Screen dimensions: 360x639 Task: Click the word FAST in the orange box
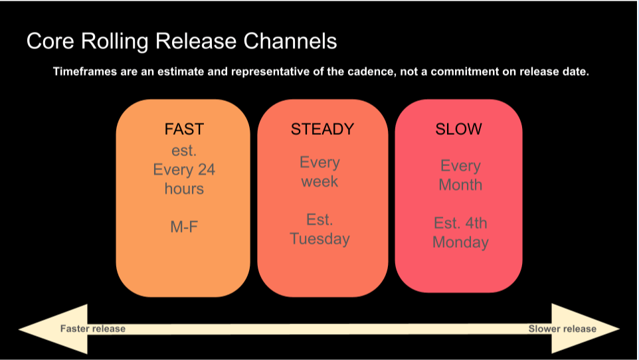[x=184, y=129]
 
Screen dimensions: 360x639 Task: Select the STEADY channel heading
[x=322, y=129]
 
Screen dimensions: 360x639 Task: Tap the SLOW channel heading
[x=458, y=129]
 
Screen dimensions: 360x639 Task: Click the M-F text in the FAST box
[x=184, y=227]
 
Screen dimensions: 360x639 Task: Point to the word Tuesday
[x=319, y=238]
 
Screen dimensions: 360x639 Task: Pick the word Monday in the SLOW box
[x=460, y=242]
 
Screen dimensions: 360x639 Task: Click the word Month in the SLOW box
[x=460, y=185]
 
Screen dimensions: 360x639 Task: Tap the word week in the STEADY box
[x=319, y=181]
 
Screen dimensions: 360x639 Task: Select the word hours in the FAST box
[x=184, y=189]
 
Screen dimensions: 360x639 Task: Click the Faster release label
[x=92, y=329]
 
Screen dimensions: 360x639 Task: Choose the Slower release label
[x=562, y=329]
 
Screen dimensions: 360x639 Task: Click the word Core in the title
[x=48, y=42]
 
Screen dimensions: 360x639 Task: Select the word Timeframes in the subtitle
[x=84, y=72]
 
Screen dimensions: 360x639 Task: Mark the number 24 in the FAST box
[x=205, y=169]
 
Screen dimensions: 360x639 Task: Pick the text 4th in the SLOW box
[x=474, y=223]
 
